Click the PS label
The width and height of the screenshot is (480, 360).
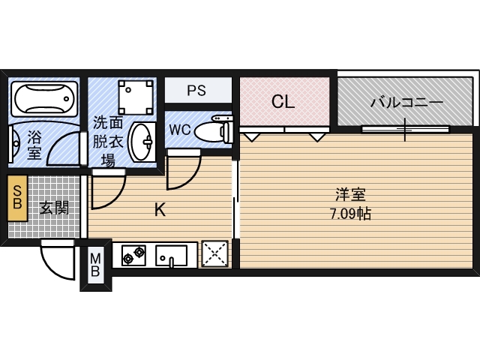[196, 90]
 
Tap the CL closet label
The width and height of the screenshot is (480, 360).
[283, 101]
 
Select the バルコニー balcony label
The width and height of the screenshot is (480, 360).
[406, 102]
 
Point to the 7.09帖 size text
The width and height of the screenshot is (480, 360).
[350, 214]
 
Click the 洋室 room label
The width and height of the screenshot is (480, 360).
[350, 195]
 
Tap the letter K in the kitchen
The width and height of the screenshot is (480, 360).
[160, 210]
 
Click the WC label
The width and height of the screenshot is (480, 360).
[180, 130]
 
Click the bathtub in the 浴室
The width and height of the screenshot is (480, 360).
[44, 98]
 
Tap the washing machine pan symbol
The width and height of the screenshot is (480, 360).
[136, 97]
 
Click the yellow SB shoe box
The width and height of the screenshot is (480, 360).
[17, 198]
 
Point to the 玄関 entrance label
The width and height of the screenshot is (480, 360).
[54, 208]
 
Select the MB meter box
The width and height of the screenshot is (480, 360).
[95, 265]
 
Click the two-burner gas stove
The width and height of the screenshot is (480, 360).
[133, 255]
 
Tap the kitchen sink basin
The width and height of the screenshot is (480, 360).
[171, 255]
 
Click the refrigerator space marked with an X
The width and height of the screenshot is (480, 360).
[214, 253]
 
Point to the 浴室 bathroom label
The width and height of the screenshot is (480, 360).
[34, 145]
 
